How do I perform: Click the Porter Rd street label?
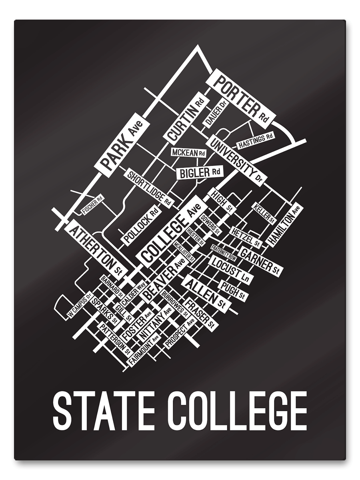(242, 96)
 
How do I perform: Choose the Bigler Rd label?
(199, 172)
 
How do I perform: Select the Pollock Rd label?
(142, 226)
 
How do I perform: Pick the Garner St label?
(260, 260)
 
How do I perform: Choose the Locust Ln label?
(230, 270)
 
